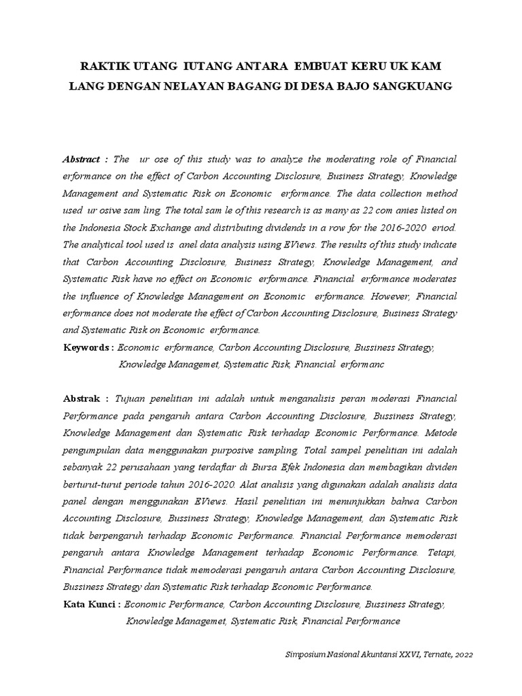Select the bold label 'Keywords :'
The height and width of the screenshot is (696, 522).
pos(88,347)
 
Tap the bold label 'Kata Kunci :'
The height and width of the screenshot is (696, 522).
pos(92,604)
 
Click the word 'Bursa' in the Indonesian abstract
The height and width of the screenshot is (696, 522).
pos(284,466)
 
